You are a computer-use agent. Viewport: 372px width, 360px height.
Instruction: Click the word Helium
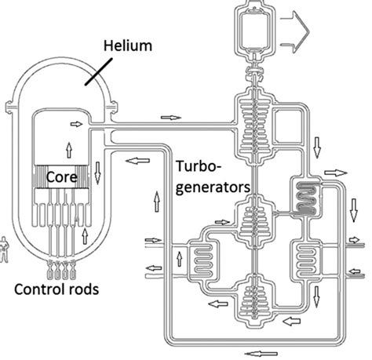128,45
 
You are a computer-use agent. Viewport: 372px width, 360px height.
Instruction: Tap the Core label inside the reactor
62,177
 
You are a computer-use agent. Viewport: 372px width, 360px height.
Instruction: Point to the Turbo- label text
199,166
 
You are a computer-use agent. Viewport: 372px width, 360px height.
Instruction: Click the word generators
213,187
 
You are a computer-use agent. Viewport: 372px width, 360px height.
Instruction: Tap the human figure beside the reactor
4,249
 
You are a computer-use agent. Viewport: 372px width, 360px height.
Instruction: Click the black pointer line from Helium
99,71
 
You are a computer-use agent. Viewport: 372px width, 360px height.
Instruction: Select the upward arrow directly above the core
69,150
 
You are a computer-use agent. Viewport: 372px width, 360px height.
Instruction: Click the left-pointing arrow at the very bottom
261,354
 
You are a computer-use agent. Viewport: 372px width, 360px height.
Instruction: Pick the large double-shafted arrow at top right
295,32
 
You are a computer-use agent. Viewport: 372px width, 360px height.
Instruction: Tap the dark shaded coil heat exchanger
305,197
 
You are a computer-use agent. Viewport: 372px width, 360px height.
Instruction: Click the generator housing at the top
254,28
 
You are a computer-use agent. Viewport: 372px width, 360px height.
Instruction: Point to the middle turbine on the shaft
254,221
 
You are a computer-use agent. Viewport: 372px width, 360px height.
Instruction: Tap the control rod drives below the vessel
61,269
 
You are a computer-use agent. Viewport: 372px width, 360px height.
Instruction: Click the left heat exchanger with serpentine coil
202,260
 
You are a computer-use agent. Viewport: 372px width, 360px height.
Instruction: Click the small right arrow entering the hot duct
76,124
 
